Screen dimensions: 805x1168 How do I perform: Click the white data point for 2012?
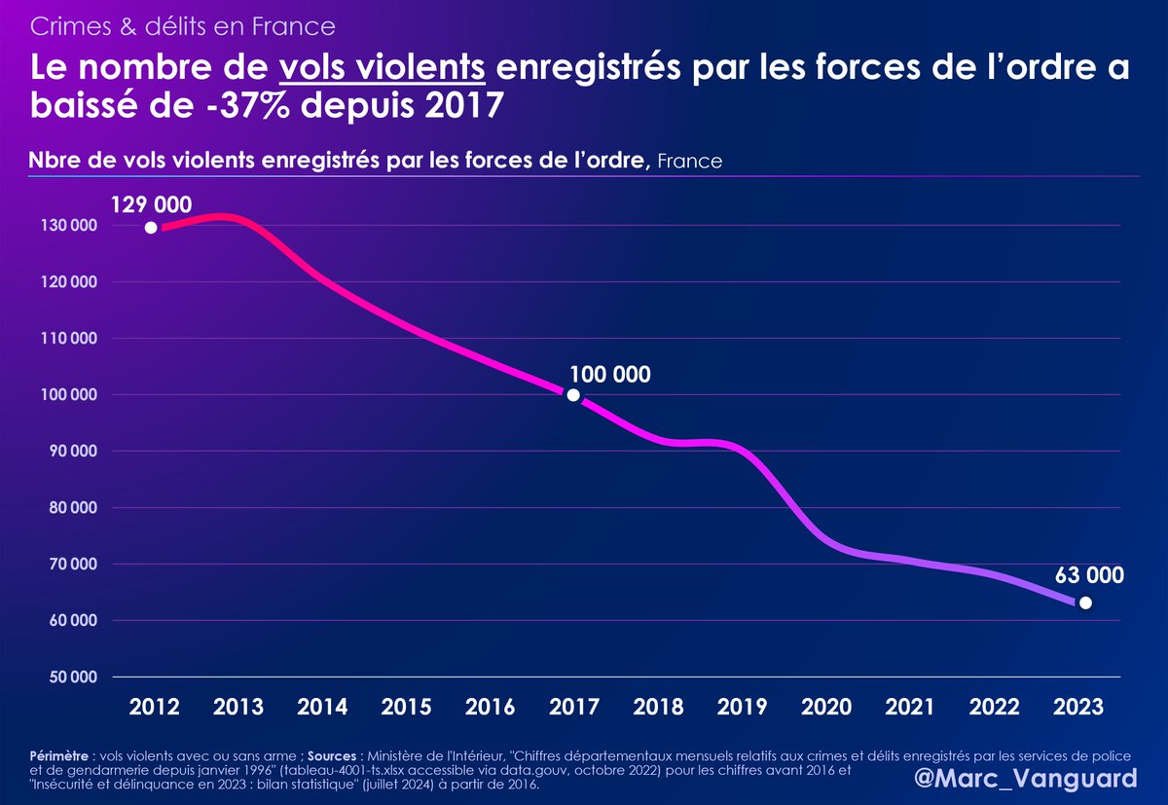[x=151, y=228]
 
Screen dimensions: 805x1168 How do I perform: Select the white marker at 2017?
[x=573, y=395]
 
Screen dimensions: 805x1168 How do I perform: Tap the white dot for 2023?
[x=1085, y=603]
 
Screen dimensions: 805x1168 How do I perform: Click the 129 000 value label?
[x=151, y=204]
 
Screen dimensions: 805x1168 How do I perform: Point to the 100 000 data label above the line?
[x=609, y=374]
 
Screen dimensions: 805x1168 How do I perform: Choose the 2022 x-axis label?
[x=992, y=708]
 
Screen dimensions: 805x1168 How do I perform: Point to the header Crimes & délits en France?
[x=183, y=24]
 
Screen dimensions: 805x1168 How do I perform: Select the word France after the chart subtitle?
[x=690, y=162]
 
